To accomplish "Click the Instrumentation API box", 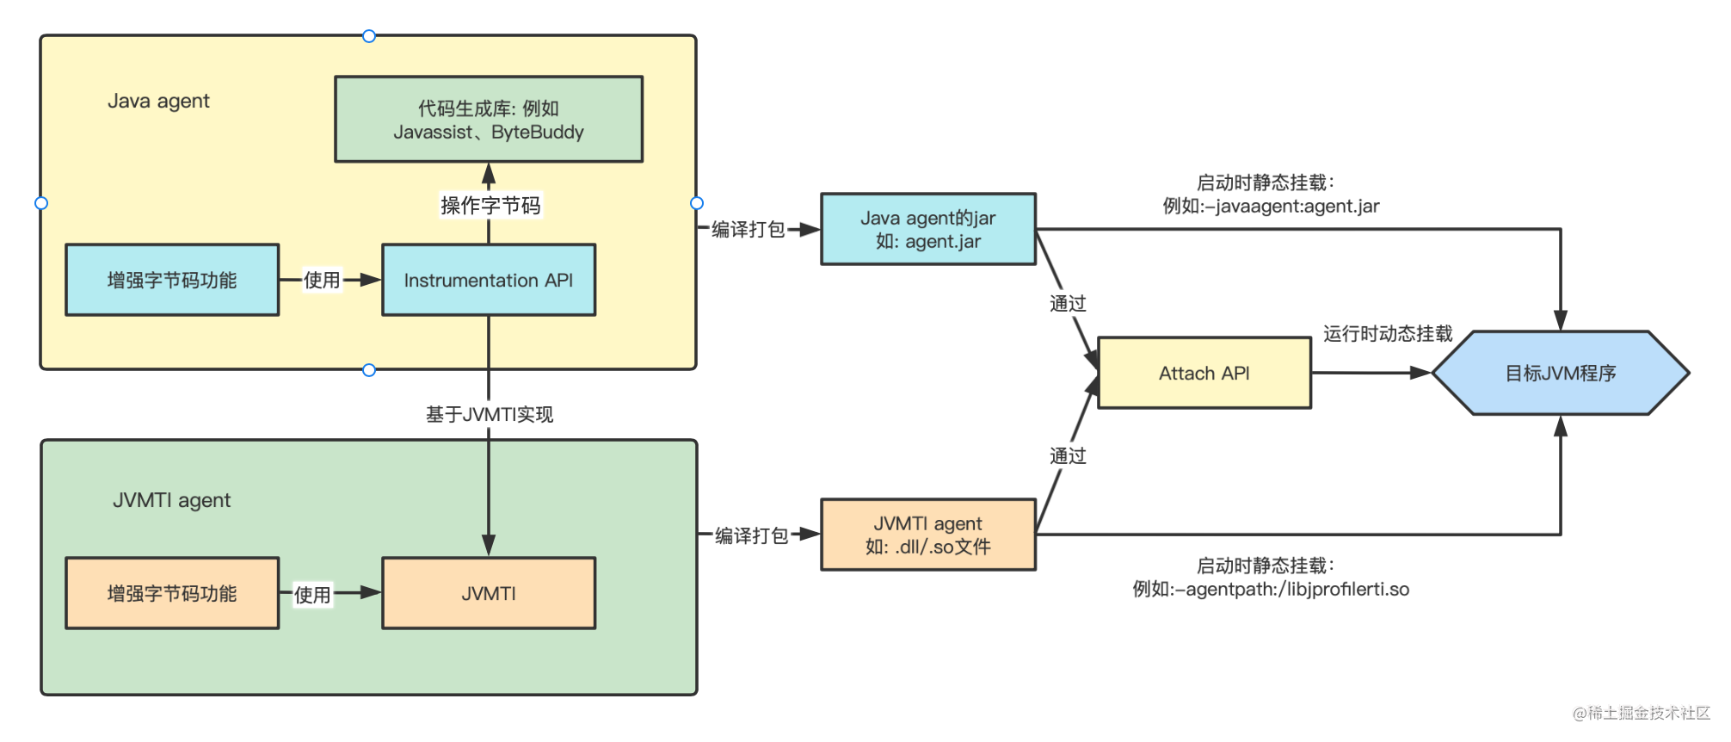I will tap(489, 280).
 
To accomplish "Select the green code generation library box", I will tap(489, 120).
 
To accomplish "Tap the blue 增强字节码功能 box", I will tap(172, 280).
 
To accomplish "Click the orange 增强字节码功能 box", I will tap(172, 593).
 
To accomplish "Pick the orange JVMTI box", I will tap(489, 593).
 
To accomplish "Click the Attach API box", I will tap(1204, 373).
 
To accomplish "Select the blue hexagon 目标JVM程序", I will tap(1560, 373).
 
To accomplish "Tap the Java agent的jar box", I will tap(928, 229).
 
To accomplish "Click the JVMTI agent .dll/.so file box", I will tap(928, 535).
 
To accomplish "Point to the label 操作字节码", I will tap(490, 206).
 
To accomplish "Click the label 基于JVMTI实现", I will tap(489, 415).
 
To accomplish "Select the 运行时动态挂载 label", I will tap(1387, 334).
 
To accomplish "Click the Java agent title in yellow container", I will tap(158, 101).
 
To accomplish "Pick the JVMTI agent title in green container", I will tap(171, 500).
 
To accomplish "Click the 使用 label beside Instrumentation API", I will tap(322, 280).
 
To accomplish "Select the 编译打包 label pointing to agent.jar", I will tap(748, 229).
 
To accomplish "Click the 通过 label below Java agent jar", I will tap(1068, 303).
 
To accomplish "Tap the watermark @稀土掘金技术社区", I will tap(1641, 713).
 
